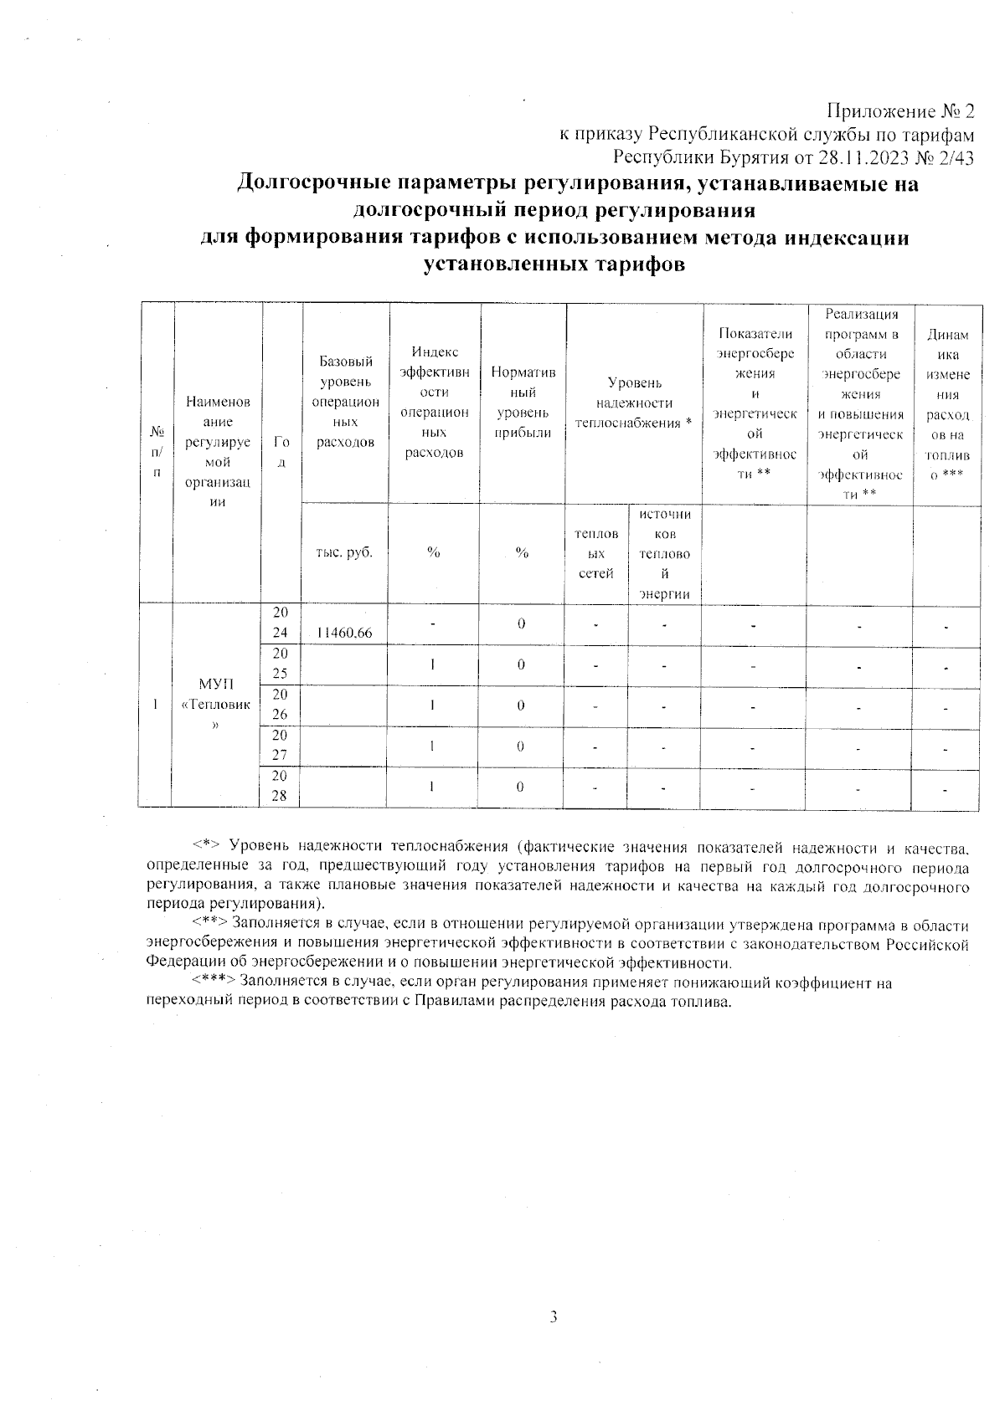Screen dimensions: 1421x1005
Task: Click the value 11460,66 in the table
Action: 345,634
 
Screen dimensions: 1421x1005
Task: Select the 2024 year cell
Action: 280,624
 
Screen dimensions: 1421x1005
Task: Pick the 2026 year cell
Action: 280,705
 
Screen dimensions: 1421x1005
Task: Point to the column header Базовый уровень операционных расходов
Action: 345,402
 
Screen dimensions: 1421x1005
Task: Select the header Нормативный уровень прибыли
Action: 523,402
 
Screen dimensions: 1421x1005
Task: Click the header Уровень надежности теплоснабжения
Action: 634,403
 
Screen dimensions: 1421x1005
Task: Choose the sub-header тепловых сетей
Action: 596,552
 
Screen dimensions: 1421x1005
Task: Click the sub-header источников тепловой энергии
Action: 664,553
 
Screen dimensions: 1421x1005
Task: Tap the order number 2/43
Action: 955,157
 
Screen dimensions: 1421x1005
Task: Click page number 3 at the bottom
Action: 554,1317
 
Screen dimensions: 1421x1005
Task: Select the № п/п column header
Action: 156,452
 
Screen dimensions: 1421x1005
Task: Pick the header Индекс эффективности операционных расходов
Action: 434,402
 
